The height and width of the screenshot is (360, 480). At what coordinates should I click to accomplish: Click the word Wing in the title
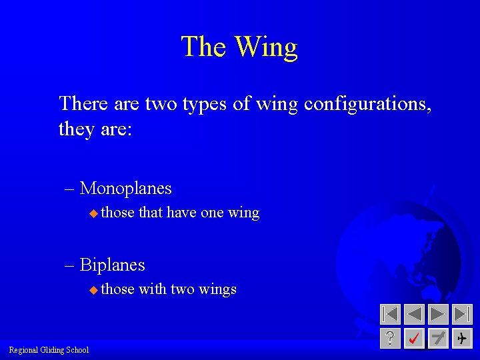click(267, 47)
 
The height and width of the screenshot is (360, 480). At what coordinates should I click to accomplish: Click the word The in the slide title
click(204, 47)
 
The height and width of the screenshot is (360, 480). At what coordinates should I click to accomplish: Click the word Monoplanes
click(125, 189)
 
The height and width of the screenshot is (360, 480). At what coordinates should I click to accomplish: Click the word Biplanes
click(112, 265)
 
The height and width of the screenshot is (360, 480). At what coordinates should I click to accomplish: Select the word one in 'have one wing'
click(211, 213)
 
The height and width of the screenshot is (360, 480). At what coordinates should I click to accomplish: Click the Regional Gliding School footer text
click(49, 350)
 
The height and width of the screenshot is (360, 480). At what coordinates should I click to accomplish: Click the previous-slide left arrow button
click(415, 314)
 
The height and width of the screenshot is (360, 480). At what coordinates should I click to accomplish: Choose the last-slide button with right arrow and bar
click(462, 314)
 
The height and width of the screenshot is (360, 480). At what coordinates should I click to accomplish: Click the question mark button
click(390, 339)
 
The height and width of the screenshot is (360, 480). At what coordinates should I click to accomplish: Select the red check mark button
click(414, 339)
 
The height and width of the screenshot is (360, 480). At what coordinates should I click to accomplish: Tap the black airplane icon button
click(462, 339)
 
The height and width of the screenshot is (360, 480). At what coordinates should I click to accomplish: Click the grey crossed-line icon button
click(438, 339)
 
